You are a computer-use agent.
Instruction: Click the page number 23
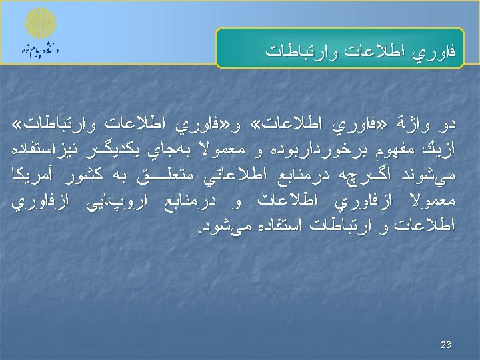pyautogui.click(x=446, y=345)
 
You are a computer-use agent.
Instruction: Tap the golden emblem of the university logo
pyautogui.click(x=40, y=23)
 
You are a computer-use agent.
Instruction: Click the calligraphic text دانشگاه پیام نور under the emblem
pyautogui.click(x=39, y=51)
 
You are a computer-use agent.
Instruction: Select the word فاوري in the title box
pyautogui.click(x=438, y=51)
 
